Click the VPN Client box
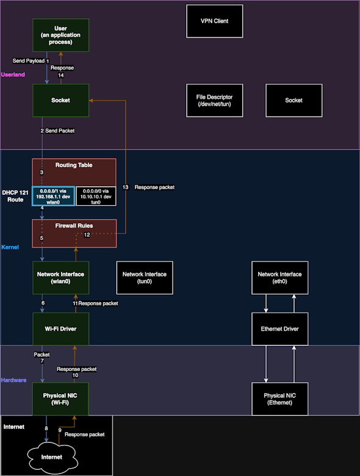pyautogui.click(x=215, y=21)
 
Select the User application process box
pyautogui.click(x=60, y=35)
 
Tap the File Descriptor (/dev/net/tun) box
pyautogui.click(x=215, y=101)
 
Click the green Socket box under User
pyautogui.click(x=60, y=101)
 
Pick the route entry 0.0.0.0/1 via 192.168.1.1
pyautogui.click(x=53, y=196)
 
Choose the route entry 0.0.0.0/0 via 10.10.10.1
pyautogui.click(x=96, y=196)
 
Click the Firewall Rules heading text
pyautogui.click(x=74, y=226)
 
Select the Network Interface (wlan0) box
pyautogui.click(x=60, y=278)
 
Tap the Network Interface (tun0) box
pyautogui.click(x=145, y=278)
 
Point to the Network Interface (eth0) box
pyautogui.click(x=280, y=278)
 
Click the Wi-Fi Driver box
pyautogui.click(x=60, y=329)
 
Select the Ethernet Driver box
pyautogui.click(x=280, y=329)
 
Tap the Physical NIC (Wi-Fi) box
pyautogui.click(x=60, y=399)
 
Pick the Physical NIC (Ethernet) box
pyautogui.click(x=280, y=399)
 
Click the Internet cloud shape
pyautogui.click(x=52, y=457)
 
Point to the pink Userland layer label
pyautogui.click(x=13, y=74)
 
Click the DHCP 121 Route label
pyautogui.click(x=15, y=196)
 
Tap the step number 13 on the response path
pyautogui.click(x=125, y=187)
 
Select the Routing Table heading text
pyautogui.click(x=74, y=165)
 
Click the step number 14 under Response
pyautogui.click(x=60, y=75)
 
